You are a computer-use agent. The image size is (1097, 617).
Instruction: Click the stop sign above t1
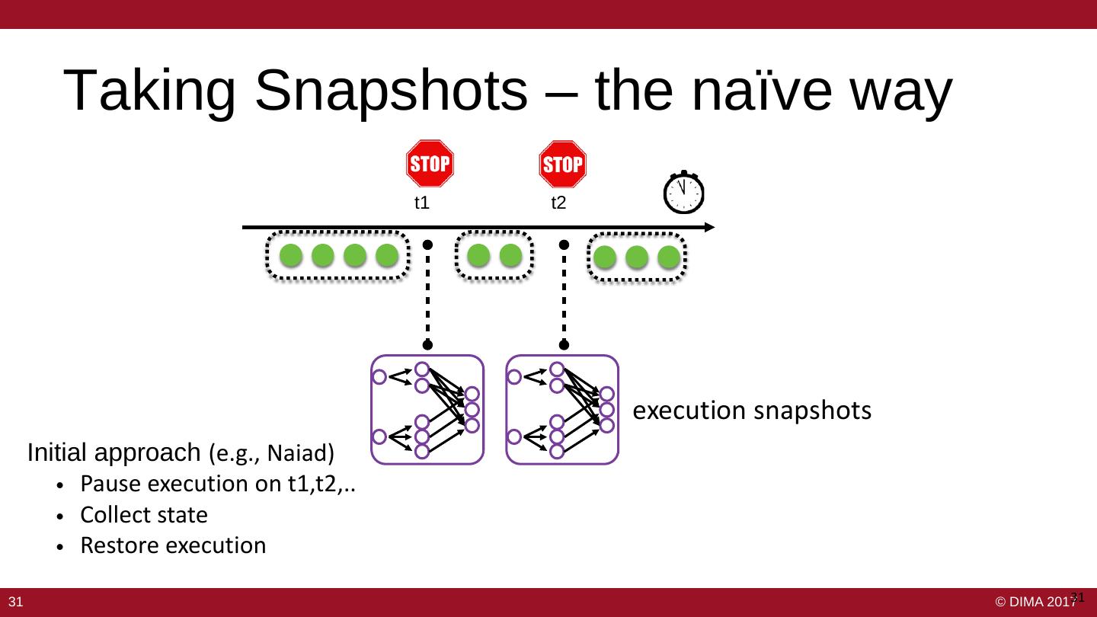tap(430, 163)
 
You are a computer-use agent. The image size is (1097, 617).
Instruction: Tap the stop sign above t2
tap(562, 164)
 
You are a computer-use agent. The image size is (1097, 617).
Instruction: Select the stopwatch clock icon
tap(683, 193)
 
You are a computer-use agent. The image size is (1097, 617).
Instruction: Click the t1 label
tap(422, 203)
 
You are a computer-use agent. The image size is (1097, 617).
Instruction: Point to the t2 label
tap(558, 203)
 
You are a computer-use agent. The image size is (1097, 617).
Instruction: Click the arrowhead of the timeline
tap(709, 227)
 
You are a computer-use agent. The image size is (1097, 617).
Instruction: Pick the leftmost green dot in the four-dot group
tap(291, 256)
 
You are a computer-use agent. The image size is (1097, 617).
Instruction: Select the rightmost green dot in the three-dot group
tap(668, 257)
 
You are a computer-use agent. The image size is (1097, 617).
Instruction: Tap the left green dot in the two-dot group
tap(478, 256)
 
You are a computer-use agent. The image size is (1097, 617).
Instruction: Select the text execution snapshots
tap(753, 411)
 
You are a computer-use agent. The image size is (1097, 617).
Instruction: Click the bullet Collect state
tap(144, 515)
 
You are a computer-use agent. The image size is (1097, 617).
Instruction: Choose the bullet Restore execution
tap(173, 545)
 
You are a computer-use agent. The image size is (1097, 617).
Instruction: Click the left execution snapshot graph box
tap(427, 410)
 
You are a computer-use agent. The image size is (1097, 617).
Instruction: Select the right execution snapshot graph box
tap(562, 410)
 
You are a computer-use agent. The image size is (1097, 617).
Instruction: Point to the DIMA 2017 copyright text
tap(1036, 602)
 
